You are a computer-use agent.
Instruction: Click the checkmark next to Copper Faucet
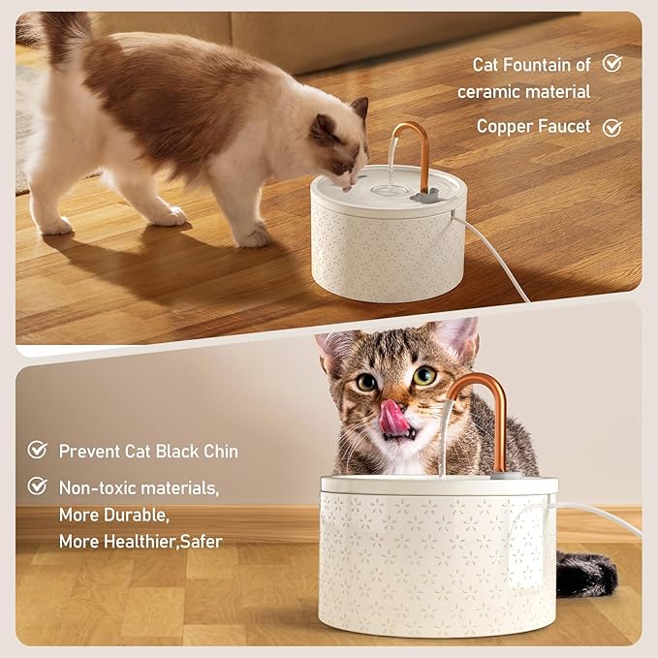pos(611,127)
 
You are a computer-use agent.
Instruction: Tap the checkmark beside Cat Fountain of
pos(611,64)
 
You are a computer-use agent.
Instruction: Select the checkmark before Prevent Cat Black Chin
pos(38,450)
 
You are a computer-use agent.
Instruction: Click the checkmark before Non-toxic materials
pos(38,486)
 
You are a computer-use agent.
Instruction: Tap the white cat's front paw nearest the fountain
pos(255,235)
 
